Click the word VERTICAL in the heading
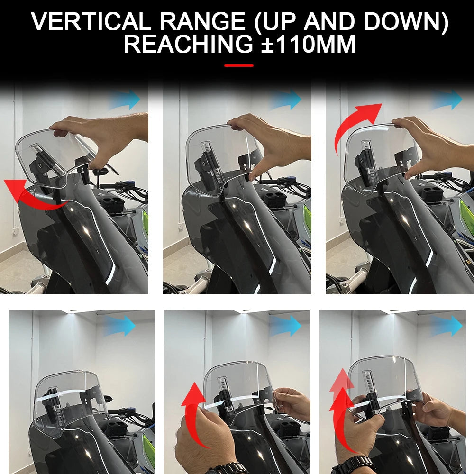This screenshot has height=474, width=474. coord(91,22)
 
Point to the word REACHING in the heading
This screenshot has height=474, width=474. coord(188,45)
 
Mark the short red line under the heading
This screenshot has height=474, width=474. coord(238,66)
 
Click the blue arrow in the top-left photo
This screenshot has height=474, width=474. coord(126,100)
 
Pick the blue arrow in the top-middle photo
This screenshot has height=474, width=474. coord(286,100)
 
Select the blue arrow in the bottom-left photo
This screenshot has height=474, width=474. coord(120,327)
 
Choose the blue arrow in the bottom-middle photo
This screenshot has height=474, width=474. coord(286,327)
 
